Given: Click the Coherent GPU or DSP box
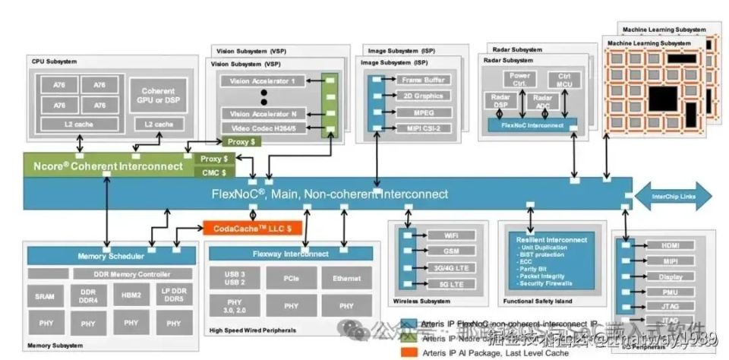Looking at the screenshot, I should pyautogui.click(x=158, y=96).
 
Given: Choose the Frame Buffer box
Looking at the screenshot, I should pyautogui.click(x=425, y=80).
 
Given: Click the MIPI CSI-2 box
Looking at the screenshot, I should pyautogui.click(x=425, y=128).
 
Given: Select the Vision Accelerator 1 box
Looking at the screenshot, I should pyautogui.click(x=262, y=81).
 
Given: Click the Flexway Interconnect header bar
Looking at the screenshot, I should pyautogui.click(x=290, y=254).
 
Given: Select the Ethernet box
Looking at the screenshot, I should pyautogui.click(x=346, y=279).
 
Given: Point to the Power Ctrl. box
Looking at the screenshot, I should pyautogui.click(x=520, y=80).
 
